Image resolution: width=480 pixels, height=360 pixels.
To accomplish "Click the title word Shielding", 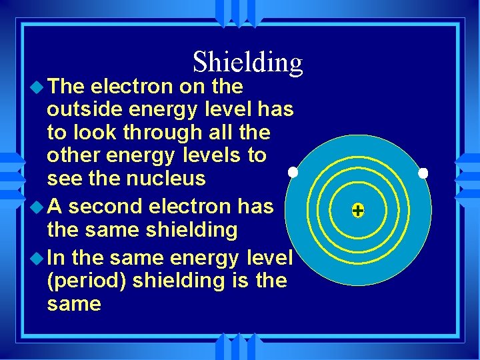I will [x=247, y=62].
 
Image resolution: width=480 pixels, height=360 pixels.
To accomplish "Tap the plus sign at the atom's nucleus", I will [x=358, y=211].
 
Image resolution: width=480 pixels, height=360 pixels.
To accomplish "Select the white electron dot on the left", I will [x=292, y=173].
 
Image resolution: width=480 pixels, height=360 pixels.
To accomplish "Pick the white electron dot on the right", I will [x=423, y=173].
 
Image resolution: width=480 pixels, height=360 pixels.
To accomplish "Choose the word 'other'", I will [x=74, y=156].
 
